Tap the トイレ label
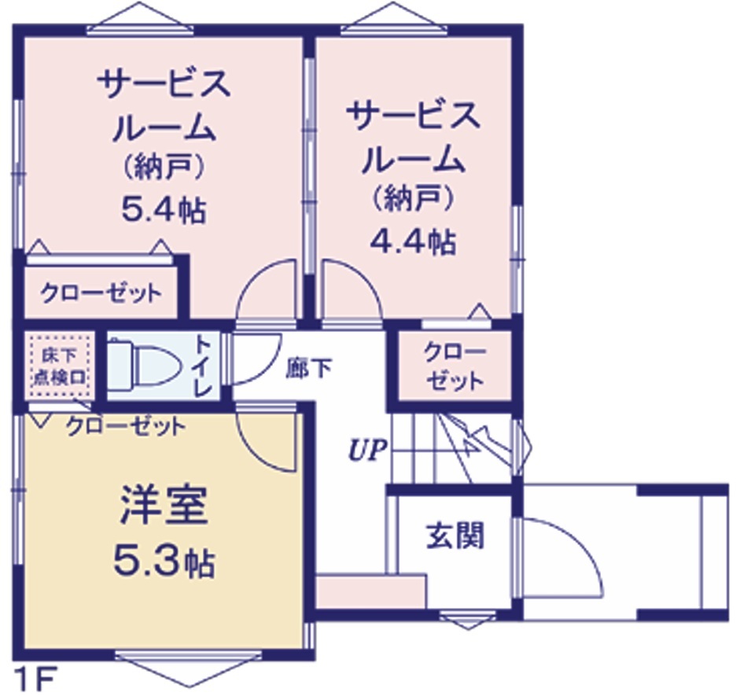point(204,366)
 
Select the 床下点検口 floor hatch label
point(60,366)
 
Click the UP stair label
point(368,451)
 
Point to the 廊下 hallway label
point(309,368)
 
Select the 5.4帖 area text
point(164,209)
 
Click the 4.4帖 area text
point(413,241)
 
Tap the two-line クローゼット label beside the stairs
point(454,366)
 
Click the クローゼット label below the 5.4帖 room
point(101,294)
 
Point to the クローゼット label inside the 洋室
point(126,426)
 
